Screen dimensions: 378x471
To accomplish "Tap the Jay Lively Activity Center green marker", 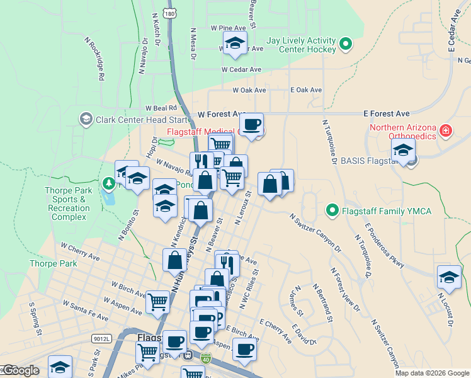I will [345, 44].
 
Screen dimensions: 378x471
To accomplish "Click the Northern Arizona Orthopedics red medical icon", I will [446, 130].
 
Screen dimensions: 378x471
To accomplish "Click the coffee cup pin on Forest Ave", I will [252, 125].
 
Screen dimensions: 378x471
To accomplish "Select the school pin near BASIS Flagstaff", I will [403, 151].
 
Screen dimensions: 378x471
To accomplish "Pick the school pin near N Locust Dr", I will [449, 277].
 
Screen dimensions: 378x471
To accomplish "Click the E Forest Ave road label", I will [387, 113].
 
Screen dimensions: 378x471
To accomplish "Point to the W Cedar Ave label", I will [241, 70].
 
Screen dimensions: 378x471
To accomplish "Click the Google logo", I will [21, 370].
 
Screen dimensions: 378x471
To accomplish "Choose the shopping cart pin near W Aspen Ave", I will [157, 301].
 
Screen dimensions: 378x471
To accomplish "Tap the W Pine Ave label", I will [229, 28].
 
